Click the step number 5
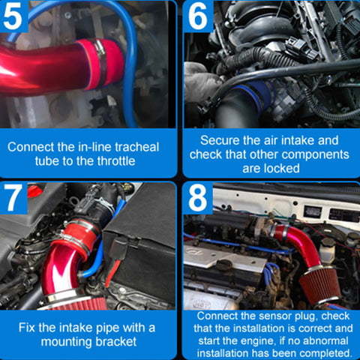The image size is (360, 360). pyautogui.click(x=13, y=16)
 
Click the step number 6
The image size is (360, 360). pyautogui.click(x=197, y=16)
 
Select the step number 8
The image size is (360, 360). pyautogui.click(x=197, y=198)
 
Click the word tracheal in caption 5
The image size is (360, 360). pyautogui.click(x=137, y=147)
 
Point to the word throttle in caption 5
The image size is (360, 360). pyautogui.click(x=116, y=161)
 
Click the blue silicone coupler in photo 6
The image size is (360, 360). pyautogui.click(x=253, y=95)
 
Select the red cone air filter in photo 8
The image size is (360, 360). pyautogui.click(x=320, y=285)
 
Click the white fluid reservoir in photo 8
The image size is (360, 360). pyautogui.click(x=328, y=250)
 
